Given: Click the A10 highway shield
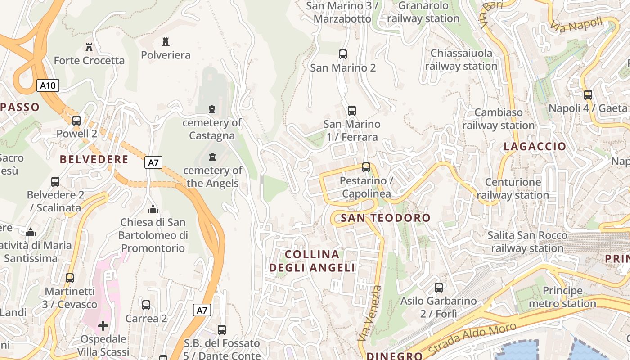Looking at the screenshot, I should pyautogui.click(x=48, y=85).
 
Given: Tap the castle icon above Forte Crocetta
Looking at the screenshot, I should pyautogui.click(x=89, y=47).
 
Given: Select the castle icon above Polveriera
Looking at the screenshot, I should pyautogui.click(x=166, y=42).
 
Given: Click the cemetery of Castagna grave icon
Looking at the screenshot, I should pyautogui.click(x=212, y=109).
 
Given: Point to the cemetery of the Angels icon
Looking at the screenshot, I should pyautogui.click(x=212, y=157).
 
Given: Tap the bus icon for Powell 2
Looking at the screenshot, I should pyautogui.click(x=76, y=120).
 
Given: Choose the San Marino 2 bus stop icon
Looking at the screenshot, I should pyautogui.click(x=343, y=54).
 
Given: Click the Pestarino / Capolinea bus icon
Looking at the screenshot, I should pyautogui.click(x=366, y=167).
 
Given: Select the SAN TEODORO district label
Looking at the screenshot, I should pyautogui.click(x=386, y=218).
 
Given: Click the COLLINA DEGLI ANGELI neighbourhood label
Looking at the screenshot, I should pyautogui.click(x=312, y=261).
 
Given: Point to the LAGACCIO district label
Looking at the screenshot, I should pyautogui.click(x=535, y=146).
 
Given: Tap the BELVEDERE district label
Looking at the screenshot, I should pyautogui.click(x=94, y=159).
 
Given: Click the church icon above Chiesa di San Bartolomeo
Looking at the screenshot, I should pyautogui.click(x=153, y=209).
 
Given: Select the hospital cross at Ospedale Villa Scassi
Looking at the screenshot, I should pyautogui.click(x=103, y=325).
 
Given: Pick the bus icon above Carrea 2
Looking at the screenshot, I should pyautogui.click(x=146, y=305).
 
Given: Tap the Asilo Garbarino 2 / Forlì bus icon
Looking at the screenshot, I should pyautogui.click(x=439, y=287).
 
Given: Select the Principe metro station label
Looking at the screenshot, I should pyautogui.click(x=562, y=297).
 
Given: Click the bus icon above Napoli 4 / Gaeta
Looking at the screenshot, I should pyautogui.click(x=588, y=95).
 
